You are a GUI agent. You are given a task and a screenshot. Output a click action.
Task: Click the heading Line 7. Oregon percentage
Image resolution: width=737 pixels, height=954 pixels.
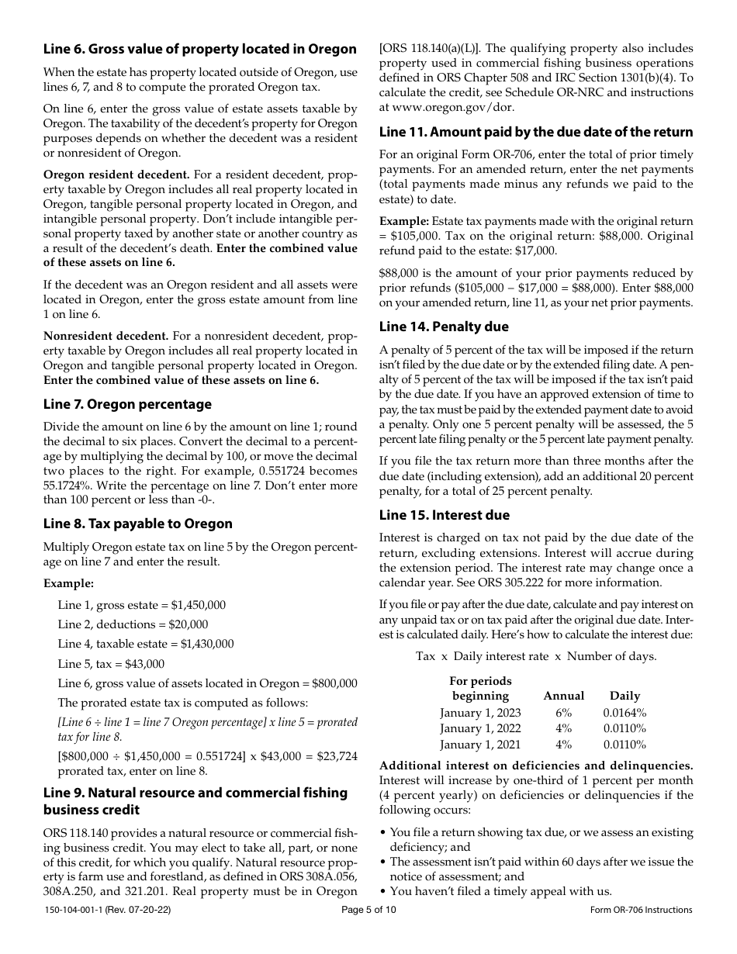(x=127, y=404)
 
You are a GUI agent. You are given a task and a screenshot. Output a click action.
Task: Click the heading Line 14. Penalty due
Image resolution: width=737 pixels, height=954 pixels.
(x=444, y=326)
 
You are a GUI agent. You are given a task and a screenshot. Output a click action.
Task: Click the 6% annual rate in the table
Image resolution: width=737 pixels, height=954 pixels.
(x=563, y=713)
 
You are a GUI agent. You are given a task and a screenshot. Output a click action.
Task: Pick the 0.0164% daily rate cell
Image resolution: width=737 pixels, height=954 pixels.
(x=625, y=713)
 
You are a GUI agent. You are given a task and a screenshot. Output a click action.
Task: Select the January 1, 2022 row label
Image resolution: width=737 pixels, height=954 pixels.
(x=480, y=728)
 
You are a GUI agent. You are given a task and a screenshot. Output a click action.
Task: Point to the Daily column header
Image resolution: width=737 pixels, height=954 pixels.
(x=625, y=696)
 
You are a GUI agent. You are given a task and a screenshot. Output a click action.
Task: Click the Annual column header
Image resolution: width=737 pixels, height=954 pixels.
(x=563, y=696)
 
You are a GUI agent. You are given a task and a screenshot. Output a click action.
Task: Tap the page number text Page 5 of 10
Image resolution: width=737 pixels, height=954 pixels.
(x=368, y=910)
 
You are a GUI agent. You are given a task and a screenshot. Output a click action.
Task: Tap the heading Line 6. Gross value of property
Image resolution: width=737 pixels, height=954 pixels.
(x=199, y=49)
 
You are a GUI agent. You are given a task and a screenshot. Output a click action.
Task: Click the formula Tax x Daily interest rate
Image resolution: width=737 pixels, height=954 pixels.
(x=536, y=656)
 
